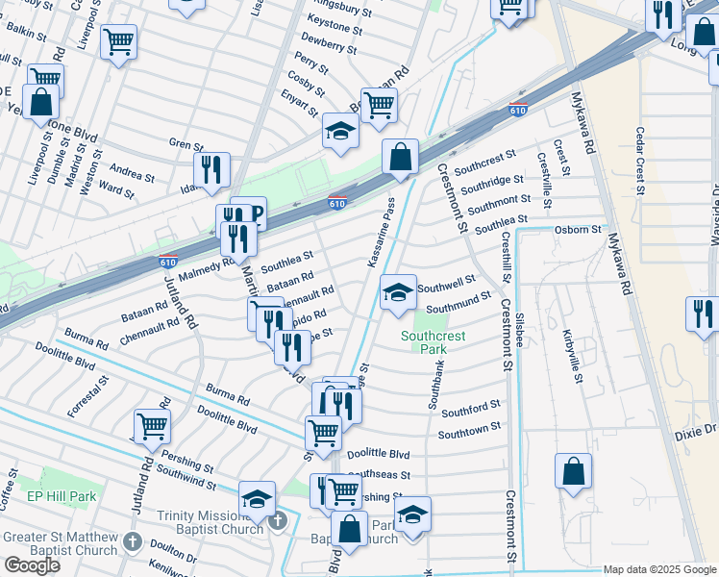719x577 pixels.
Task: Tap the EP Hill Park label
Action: click(x=62, y=496)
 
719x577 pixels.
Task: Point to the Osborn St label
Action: click(x=577, y=231)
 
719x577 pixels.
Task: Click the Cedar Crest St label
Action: click(x=639, y=154)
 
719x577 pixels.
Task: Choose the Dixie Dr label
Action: click(x=696, y=434)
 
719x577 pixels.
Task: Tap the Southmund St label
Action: click(x=459, y=302)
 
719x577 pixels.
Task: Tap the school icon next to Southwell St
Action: click(x=397, y=292)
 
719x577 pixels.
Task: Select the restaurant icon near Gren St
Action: click(x=211, y=169)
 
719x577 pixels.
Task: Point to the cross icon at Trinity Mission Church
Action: click(x=278, y=521)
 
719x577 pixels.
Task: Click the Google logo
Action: click(x=32, y=564)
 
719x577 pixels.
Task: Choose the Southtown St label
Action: click(x=469, y=430)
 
